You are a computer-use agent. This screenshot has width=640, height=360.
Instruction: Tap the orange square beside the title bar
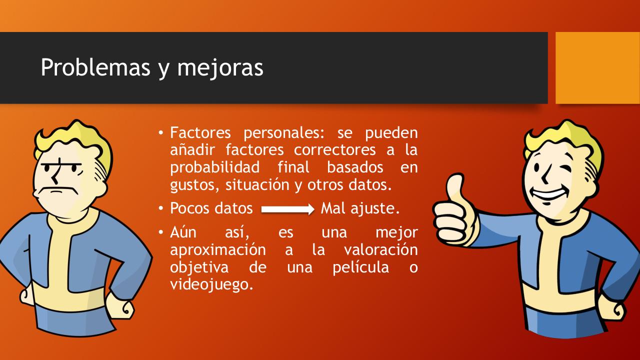click(597, 67)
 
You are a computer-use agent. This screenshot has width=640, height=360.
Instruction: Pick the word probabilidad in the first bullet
click(214, 167)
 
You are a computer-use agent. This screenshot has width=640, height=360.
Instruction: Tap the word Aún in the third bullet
click(186, 232)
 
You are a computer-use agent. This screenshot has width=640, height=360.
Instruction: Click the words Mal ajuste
click(360, 208)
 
